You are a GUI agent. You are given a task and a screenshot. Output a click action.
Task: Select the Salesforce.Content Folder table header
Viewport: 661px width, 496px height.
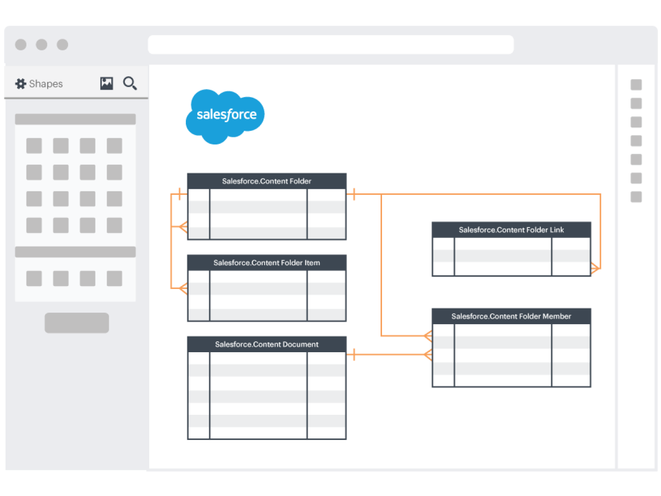click(x=266, y=181)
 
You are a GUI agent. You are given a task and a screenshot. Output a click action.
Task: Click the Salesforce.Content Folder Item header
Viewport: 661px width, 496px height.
click(x=266, y=263)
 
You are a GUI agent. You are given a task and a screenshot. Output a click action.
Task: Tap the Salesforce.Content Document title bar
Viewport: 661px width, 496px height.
click(x=266, y=344)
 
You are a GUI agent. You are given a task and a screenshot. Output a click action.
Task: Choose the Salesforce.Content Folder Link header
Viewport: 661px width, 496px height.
click(x=511, y=230)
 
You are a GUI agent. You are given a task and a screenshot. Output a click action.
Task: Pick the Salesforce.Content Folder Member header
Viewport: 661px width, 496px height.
click(x=511, y=316)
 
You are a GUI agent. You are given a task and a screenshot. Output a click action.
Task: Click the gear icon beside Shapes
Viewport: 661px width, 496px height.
click(x=21, y=84)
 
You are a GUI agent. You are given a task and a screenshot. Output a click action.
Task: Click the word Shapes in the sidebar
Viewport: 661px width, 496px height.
click(x=46, y=84)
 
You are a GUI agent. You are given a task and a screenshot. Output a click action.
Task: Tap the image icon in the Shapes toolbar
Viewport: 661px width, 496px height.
click(x=107, y=83)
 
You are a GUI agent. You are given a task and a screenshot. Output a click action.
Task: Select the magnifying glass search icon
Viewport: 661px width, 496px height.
click(x=130, y=83)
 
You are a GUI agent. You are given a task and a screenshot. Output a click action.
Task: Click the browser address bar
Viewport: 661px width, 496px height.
click(x=330, y=45)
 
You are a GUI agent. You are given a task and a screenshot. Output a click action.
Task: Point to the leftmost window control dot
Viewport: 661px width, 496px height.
click(x=21, y=45)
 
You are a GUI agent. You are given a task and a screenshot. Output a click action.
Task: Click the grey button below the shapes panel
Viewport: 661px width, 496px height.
click(x=77, y=323)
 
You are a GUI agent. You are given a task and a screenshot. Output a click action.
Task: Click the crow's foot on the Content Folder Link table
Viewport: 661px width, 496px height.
click(x=595, y=268)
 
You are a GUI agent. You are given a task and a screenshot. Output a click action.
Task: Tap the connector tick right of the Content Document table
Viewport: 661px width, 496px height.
click(x=354, y=355)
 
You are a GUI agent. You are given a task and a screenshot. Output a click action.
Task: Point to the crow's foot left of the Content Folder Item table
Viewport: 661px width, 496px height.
click(x=182, y=288)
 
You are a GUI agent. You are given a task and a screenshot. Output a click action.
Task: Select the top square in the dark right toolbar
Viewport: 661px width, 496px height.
click(x=636, y=85)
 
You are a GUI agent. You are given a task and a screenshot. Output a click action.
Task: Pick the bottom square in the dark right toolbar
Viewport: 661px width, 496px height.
click(x=636, y=197)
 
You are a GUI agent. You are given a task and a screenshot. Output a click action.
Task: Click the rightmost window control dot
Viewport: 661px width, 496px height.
click(x=63, y=45)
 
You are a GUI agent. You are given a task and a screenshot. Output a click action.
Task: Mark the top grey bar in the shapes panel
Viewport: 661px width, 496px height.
click(x=75, y=119)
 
